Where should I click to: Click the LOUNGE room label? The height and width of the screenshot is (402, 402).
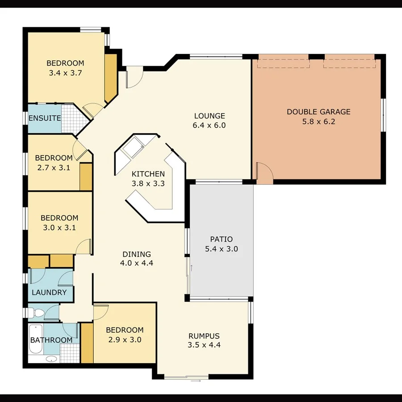209,116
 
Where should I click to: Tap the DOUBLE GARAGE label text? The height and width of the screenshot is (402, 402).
318,112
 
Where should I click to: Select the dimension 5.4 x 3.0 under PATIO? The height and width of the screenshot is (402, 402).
221,249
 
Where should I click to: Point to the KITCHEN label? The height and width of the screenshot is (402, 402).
148,174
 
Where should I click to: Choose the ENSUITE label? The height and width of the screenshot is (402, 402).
44,118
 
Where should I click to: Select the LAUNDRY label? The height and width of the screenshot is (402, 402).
49,293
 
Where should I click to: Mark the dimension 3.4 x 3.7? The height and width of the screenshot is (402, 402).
65,72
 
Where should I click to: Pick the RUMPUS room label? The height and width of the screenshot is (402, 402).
204,336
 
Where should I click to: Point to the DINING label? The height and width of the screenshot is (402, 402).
136,254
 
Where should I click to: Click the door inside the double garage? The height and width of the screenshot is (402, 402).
263,173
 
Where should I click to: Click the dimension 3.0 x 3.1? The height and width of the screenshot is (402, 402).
59,227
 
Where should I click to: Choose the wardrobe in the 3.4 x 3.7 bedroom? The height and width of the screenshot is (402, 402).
110,79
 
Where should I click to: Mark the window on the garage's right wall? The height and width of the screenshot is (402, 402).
383,115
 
